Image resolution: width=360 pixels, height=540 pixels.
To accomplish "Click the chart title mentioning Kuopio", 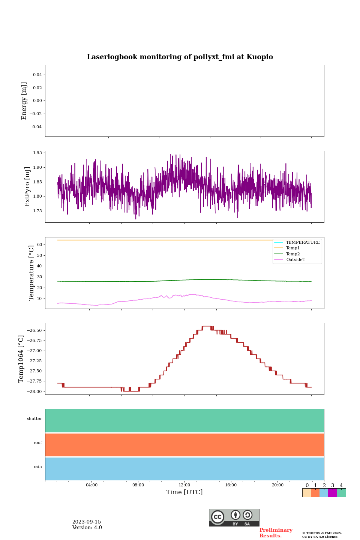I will pyautogui.click(x=180, y=57).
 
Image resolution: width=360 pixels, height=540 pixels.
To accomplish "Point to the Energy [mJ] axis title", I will pyautogui.click(x=24, y=101).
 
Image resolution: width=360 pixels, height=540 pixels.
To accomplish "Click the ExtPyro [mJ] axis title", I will pyautogui.click(x=27, y=187).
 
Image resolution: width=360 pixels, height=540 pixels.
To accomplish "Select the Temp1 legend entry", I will pyautogui.click(x=293, y=248).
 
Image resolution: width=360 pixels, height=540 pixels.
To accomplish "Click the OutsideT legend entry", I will pyautogui.click(x=295, y=260).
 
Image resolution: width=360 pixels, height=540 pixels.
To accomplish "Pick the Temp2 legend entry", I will pyautogui.click(x=293, y=254).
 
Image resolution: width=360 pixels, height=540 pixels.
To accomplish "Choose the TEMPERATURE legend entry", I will pyautogui.click(x=303, y=243).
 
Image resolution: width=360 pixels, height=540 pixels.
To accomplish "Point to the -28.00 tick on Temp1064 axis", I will pyautogui.click(x=35, y=391).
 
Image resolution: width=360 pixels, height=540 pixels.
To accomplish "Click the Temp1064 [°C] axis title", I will pyautogui.click(x=21, y=359).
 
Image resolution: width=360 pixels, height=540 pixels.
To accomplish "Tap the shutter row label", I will pyautogui.click(x=34, y=419).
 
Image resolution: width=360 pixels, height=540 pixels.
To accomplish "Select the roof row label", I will pyautogui.click(x=38, y=443).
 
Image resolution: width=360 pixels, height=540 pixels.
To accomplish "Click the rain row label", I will pyautogui.click(x=38, y=467).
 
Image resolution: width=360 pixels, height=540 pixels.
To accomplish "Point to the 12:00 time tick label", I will pyautogui.click(x=184, y=485).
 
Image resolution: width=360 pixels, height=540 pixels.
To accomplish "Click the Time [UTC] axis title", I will pyautogui.click(x=184, y=492).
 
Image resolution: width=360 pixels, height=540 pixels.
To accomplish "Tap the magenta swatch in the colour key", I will pyautogui.click(x=332, y=493).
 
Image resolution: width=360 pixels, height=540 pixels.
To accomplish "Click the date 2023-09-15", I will pyautogui.click(x=87, y=522).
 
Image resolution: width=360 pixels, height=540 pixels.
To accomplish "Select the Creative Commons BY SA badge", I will pyautogui.click(x=234, y=517).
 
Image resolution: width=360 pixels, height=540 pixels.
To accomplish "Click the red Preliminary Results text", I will pyautogui.click(x=276, y=533).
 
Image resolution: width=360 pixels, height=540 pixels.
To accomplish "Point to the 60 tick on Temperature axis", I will pyautogui.click(x=39, y=244).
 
